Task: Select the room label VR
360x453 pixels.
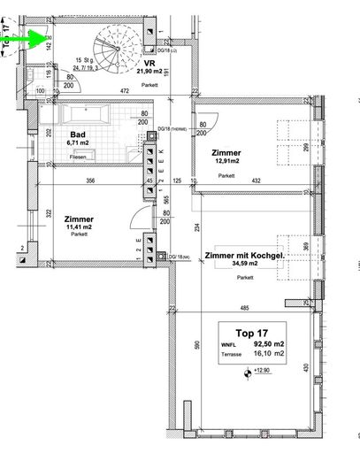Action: click(x=150, y=63)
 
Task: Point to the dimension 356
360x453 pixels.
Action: click(x=88, y=180)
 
